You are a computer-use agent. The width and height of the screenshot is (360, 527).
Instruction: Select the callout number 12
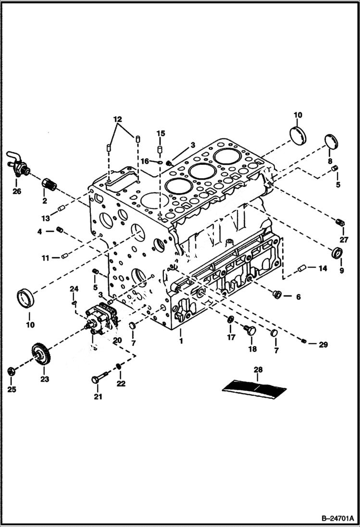tap(118, 119)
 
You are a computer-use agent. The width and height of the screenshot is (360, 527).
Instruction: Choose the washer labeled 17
tap(231, 320)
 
